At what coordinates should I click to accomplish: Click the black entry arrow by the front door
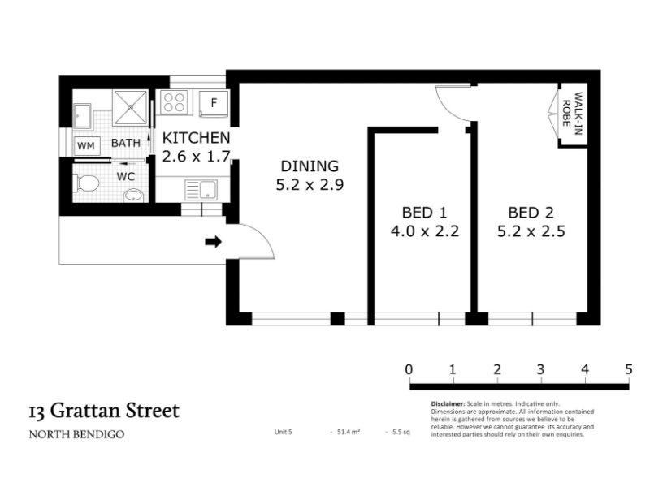click(x=214, y=241)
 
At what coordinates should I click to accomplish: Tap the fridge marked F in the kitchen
click(x=214, y=103)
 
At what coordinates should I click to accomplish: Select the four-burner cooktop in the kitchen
click(x=175, y=102)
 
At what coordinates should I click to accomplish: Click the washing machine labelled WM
click(x=86, y=146)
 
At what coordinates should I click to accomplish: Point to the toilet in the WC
click(x=86, y=183)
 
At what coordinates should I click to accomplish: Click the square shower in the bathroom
click(x=130, y=107)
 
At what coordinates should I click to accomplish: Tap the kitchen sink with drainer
click(x=201, y=190)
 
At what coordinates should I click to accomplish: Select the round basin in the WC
click(x=133, y=195)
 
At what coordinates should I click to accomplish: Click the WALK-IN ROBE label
click(x=573, y=113)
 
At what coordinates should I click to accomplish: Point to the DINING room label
click(x=310, y=166)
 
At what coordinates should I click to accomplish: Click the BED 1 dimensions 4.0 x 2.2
click(x=425, y=231)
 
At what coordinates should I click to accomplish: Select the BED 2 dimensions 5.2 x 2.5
click(x=531, y=231)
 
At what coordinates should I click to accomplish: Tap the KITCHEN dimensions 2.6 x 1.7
click(x=196, y=157)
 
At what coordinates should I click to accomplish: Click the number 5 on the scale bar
click(x=628, y=369)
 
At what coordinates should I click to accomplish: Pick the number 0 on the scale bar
click(x=409, y=369)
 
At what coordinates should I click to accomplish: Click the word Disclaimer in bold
click(x=448, y=403)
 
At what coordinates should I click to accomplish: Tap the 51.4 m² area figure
click(x=349, y=432)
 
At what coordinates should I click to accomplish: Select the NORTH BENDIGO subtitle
click(x=76, y=434)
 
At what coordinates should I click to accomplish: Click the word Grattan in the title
click(x=86, y=412)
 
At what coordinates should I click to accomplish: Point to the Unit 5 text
click(x=283, y=432)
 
